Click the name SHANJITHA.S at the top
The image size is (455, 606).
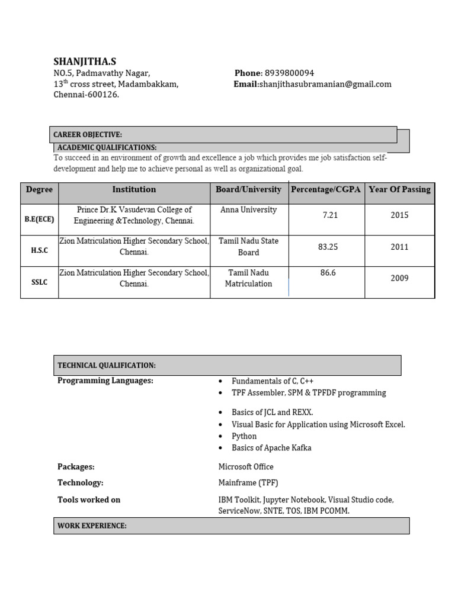85,62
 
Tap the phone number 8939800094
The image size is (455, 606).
289,73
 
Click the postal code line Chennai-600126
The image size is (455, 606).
86,95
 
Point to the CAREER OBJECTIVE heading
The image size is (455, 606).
88,135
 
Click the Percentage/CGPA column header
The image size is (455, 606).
326,189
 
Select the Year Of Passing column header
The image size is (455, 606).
399,189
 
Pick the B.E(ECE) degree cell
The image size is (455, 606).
39,219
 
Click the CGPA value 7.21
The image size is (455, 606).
330,215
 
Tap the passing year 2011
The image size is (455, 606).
399,247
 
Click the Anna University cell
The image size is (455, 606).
248,209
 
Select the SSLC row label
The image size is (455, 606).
39,282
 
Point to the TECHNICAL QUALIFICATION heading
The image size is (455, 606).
107,366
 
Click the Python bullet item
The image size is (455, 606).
244,436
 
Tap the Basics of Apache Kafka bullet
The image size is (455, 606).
271,447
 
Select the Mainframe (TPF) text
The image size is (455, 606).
248,483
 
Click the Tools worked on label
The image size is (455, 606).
89,500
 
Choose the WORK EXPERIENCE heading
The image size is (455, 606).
92,526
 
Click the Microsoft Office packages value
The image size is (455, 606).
246,467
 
